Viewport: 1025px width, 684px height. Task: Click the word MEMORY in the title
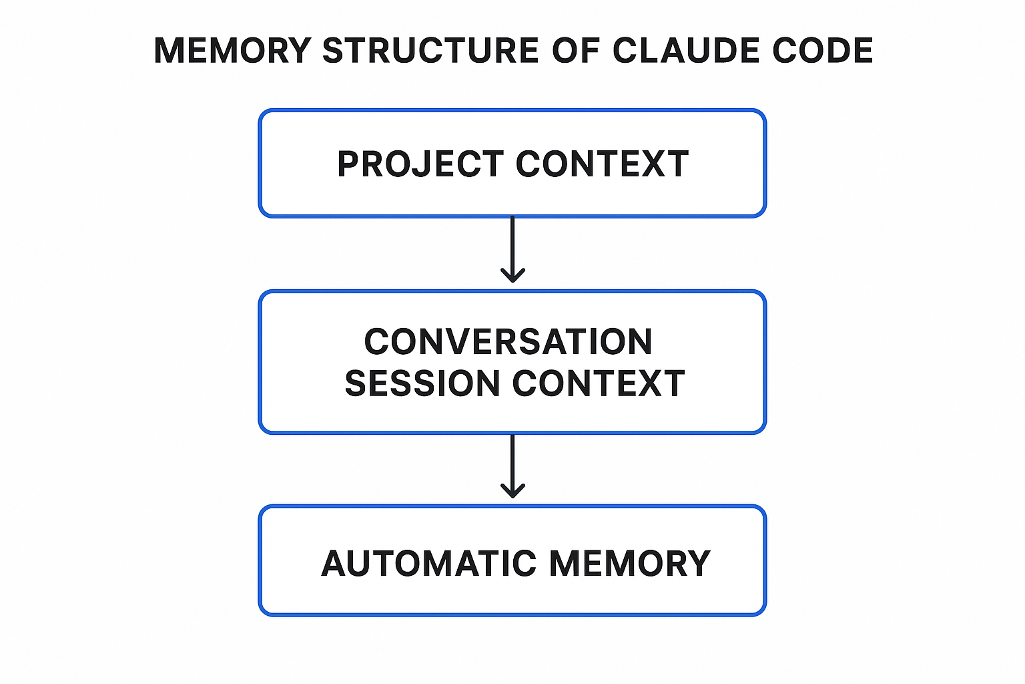click(x=232, y=51)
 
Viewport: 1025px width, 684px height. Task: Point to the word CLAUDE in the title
click(x=686, y=51)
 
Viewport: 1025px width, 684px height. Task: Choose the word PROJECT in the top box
click(x=420, y=164)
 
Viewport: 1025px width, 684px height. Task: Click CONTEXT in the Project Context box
click(x=602, y=164)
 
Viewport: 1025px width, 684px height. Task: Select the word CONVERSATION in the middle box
click(x=508, y=342)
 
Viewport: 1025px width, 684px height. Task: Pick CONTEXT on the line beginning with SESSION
click(x=599, y=384)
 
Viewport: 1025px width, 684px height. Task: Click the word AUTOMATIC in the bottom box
click(x=428, y=564)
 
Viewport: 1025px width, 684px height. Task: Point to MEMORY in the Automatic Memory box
click(x=630, y=564)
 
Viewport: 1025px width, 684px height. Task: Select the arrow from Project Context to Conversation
click(x=512, y=247)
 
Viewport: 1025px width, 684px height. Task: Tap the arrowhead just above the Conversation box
click(x=512, y=275)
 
